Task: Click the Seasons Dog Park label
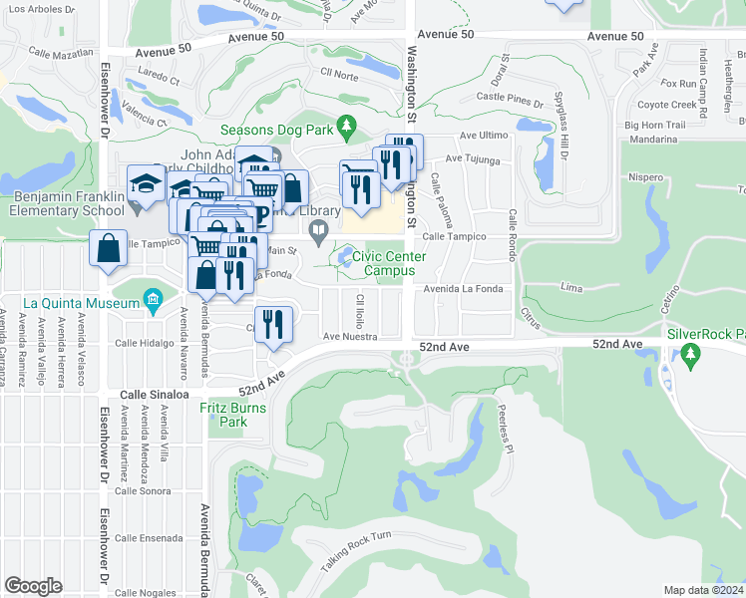tap(276, 130)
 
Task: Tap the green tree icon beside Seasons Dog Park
tap(347, 127)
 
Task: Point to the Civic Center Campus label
tap(388, 263)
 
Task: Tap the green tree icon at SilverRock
tap(690, 354)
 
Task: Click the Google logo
tap(33, 586)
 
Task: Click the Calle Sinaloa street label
tap(155, 396)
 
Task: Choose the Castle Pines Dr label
tap(509, 97)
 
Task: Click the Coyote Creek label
tap(666, 105)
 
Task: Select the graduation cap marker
tap(146, 182)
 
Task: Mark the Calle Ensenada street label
tap(149, 538)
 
